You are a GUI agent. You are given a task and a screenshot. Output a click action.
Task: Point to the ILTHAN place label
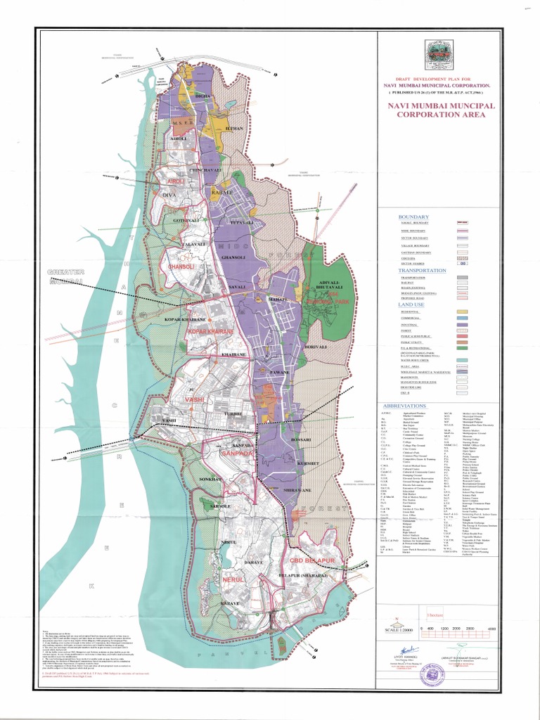click(236, 129)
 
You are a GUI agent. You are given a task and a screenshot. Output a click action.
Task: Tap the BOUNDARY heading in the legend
click(413, 217)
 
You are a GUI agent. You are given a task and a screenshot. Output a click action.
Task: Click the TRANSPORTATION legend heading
click(422, 270)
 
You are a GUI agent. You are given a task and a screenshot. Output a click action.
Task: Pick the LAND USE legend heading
click(415, 303)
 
